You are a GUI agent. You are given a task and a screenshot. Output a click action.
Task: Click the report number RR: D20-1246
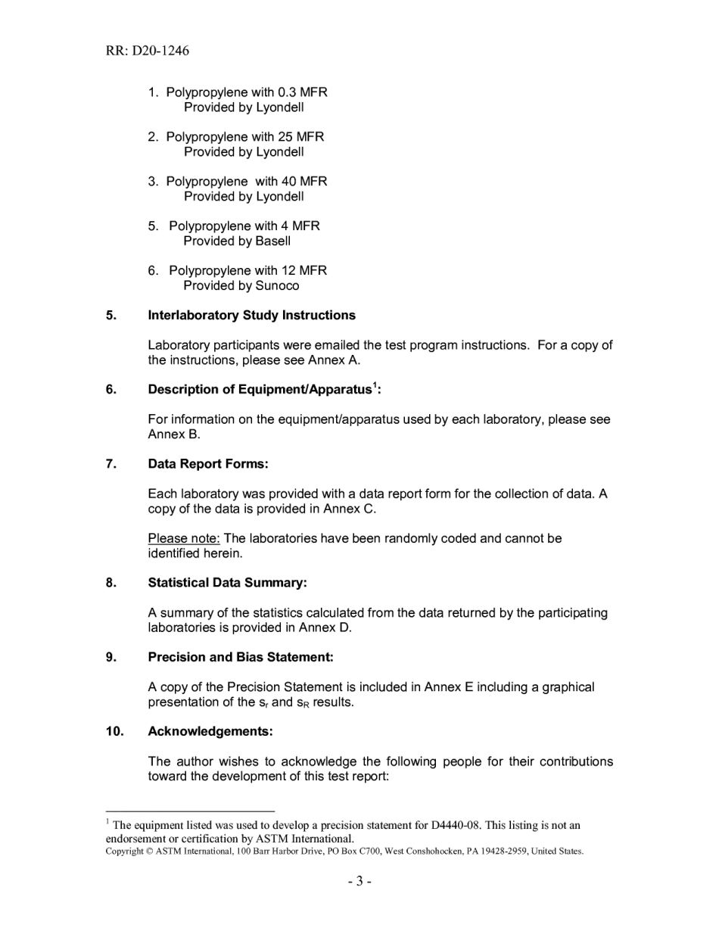(x=148, y=51)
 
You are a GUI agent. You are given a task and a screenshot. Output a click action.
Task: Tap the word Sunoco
(x=277, y=286)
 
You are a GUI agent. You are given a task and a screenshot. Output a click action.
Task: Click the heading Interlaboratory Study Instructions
(x=251, y=315)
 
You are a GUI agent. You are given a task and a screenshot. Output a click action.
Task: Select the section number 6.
(x=111, y=390)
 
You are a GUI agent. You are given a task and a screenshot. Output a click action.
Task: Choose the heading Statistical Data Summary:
(x=227, y=583)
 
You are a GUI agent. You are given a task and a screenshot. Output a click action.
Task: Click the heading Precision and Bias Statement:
(x=241, y=658)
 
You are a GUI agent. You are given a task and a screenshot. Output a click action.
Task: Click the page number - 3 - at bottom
(x=359, y=881)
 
